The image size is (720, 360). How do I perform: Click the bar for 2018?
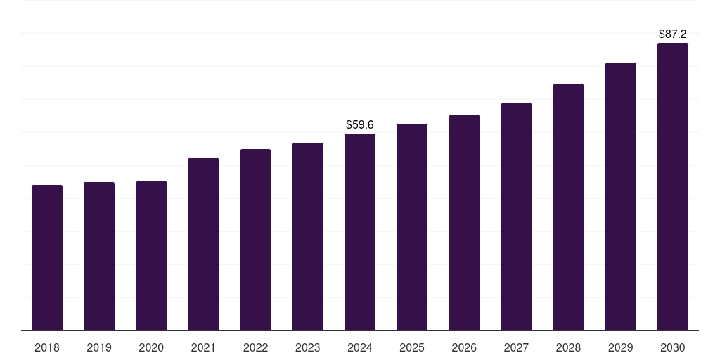click(47, 257)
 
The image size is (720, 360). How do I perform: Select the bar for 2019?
click(99, 256)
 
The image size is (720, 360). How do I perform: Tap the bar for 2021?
click(203, 244)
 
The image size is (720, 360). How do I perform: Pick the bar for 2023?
click(308, 236)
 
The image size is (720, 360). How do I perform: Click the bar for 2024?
click(360, 232)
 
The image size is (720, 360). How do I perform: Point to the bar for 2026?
click(464, 223)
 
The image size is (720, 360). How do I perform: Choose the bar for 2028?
click(568, 207)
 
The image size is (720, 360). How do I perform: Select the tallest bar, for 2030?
click(673, 187)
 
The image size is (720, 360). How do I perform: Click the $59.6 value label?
click(360, 125)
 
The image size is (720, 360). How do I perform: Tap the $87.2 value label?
click(673, 34)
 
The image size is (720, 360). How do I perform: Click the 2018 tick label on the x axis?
click(47, 348)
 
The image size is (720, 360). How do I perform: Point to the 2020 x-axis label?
click(151, 348)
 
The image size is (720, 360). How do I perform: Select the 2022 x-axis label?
click(255, 348)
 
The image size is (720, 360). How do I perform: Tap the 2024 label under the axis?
click(360, 348)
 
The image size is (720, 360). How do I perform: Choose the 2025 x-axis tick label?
click(412, 348)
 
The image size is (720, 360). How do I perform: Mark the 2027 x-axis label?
click(516, 348)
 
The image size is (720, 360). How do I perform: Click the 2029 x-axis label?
click(620, 348)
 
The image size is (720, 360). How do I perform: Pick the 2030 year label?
click(673, 348)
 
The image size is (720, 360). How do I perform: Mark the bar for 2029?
click(621, 197)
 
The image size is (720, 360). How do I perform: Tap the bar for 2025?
click(412, 227)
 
